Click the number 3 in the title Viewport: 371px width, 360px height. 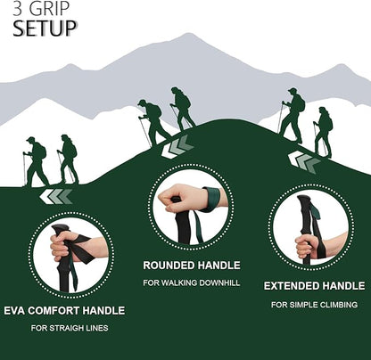pos(18,10)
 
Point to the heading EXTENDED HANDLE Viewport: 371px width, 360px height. pos(313,286)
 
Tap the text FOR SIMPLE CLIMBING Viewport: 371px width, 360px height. pos(313,305)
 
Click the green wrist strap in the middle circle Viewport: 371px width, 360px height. pos(210,199)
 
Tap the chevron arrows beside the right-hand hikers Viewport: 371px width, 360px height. pos(305,161)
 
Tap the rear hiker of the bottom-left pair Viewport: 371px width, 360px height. pos(36,161)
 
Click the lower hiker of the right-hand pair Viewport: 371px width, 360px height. pos(323,133)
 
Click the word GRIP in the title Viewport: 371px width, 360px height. pos(53,10)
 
